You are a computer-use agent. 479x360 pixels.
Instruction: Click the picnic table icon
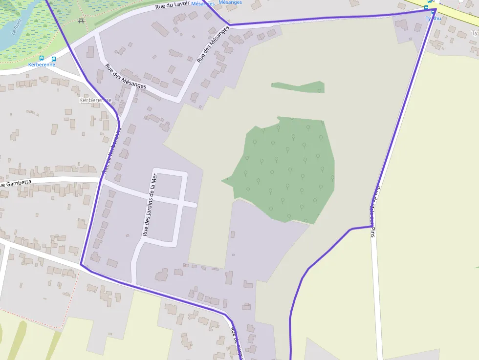[81, 20]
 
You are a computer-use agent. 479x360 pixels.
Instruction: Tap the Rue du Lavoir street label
[172, 5]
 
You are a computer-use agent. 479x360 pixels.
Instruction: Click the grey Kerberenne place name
[95, 100]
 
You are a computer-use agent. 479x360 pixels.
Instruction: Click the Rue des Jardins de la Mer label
[150, 205]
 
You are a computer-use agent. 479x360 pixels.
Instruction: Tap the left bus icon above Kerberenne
[41, 59]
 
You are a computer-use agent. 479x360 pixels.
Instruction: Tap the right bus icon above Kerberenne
[54, 59]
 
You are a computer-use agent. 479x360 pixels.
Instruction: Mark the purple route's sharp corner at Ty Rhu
[434, 10]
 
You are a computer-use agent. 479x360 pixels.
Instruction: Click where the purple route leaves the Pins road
[370, 226]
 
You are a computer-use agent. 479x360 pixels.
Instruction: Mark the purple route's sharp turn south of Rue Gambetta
[81, 265]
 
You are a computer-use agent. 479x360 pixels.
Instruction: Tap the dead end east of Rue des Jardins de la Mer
[196, 205]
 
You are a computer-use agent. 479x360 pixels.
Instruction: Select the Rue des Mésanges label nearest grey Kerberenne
[125, 75]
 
